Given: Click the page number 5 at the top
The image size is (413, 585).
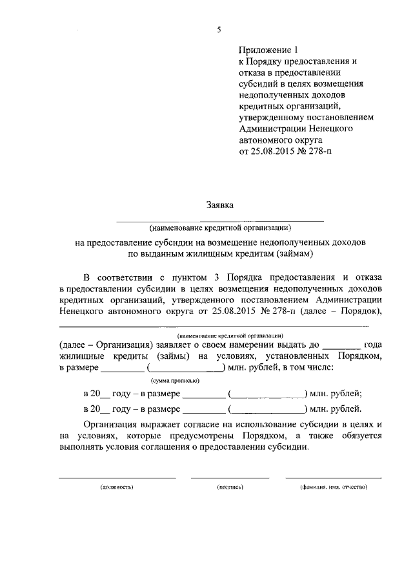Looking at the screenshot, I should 219,29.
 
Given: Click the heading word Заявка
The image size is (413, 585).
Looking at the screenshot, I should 219,205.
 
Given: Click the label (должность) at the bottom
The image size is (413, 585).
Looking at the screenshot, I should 117,486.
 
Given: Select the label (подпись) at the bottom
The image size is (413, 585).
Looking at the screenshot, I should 230,486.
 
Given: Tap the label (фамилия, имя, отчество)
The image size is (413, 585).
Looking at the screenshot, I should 333,486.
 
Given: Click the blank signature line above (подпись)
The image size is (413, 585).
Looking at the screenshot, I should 230,478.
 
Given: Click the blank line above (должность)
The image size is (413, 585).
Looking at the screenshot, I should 117,478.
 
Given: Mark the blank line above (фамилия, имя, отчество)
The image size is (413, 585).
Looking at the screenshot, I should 333,478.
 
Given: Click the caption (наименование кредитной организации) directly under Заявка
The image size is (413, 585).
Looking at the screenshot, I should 219,228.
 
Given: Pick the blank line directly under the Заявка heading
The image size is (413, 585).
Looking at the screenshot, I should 219,220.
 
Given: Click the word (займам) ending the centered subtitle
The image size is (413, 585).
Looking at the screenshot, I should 293,253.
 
